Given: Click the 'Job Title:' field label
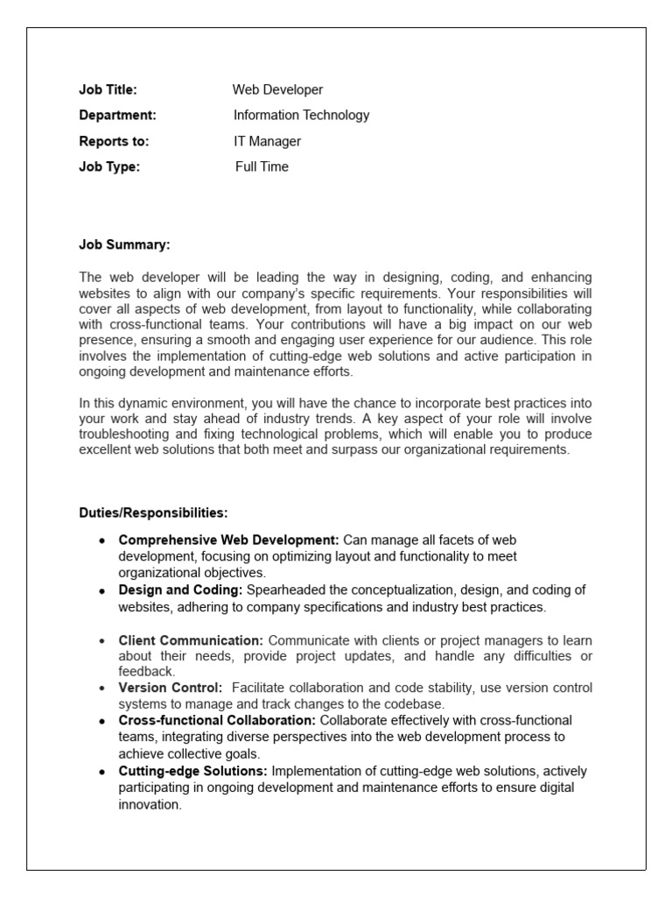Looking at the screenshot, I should coord(108,89).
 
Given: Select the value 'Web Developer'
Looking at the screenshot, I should coord(277,89).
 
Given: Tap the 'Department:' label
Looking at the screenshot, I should coord(117,115).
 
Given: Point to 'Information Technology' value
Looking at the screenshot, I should coord(301,115).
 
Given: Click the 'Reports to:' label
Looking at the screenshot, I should coord(114,141).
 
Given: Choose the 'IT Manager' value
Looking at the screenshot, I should coord(267,141).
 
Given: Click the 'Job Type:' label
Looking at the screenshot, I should coord(109,166).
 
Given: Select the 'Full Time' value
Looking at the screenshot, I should coord(262,166).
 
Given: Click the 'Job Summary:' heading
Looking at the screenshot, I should coord(124,245).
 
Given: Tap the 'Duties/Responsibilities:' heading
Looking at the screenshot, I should coord(153,512).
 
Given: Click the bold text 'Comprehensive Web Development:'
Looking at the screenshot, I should coord(229,540).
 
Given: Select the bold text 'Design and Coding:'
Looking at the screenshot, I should coord(180,590).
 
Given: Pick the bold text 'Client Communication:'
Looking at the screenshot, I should coord(191,640).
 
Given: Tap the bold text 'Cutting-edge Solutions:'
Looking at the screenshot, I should coord(193,771).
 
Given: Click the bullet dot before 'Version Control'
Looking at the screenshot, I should coord(102,689).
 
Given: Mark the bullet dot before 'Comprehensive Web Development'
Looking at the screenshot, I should coord(102,540).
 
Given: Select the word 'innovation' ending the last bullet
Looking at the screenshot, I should coord(149,804).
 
